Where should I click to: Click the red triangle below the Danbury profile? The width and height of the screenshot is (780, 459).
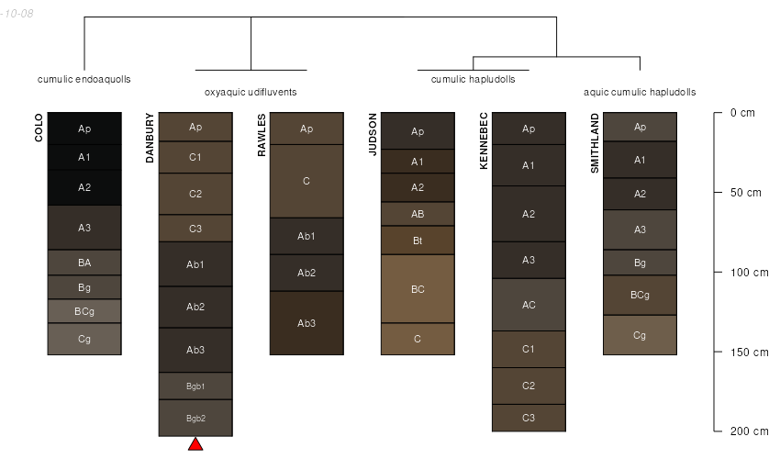pyautogui.click(x=195, y=444)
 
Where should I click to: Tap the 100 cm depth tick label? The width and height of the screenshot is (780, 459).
pyautogui.click(x=749, y=273)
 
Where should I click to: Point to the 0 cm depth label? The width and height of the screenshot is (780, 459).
pyautogui.click(x=742, y=113)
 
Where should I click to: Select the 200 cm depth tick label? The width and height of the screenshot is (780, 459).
pyautogui.click(x=749, y=431)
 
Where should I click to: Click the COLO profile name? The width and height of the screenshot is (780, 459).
pyautogui.click(x=39, y=128)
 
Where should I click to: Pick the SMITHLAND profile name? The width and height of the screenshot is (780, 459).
pyautogui.click(x=595, y=143)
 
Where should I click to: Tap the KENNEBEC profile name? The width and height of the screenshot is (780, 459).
pyautogui.click(x=484, y=140)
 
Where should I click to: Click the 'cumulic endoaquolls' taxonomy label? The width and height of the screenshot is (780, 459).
pyautogui.click(x=84, y=79)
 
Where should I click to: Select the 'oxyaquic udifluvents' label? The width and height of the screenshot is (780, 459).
pyautogui.click(x=251, y=92)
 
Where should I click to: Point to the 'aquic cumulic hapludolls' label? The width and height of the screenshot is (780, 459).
pyautogui.click(x=640, y=92)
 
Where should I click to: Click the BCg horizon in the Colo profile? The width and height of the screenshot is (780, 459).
pyautogui.click(x=84, y=311)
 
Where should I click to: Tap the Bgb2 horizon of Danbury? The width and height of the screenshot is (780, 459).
pyautogui.click(x=195, y=419)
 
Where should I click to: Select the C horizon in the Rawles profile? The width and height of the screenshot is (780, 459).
pyautogui.click(x=306, y=181)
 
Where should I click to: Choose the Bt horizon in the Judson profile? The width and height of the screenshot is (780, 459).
pyautogui.click(x=418, y=241)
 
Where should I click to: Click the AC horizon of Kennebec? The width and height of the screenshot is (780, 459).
pyautogui.click(x=529, y=305)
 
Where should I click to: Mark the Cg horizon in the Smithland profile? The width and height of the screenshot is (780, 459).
pyautogui.click(x=640, y=335)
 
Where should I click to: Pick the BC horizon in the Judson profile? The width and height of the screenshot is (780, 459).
pyautogui.click(x=418, y=289)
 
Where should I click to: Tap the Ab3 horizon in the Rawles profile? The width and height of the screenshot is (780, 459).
pyautogui.click(x=306, y=323)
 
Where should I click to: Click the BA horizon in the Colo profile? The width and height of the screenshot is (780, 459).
pyautogui.click(x=84, y=263)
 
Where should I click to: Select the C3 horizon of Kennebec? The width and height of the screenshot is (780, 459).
pyautogui.click(x=529, y=418)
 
